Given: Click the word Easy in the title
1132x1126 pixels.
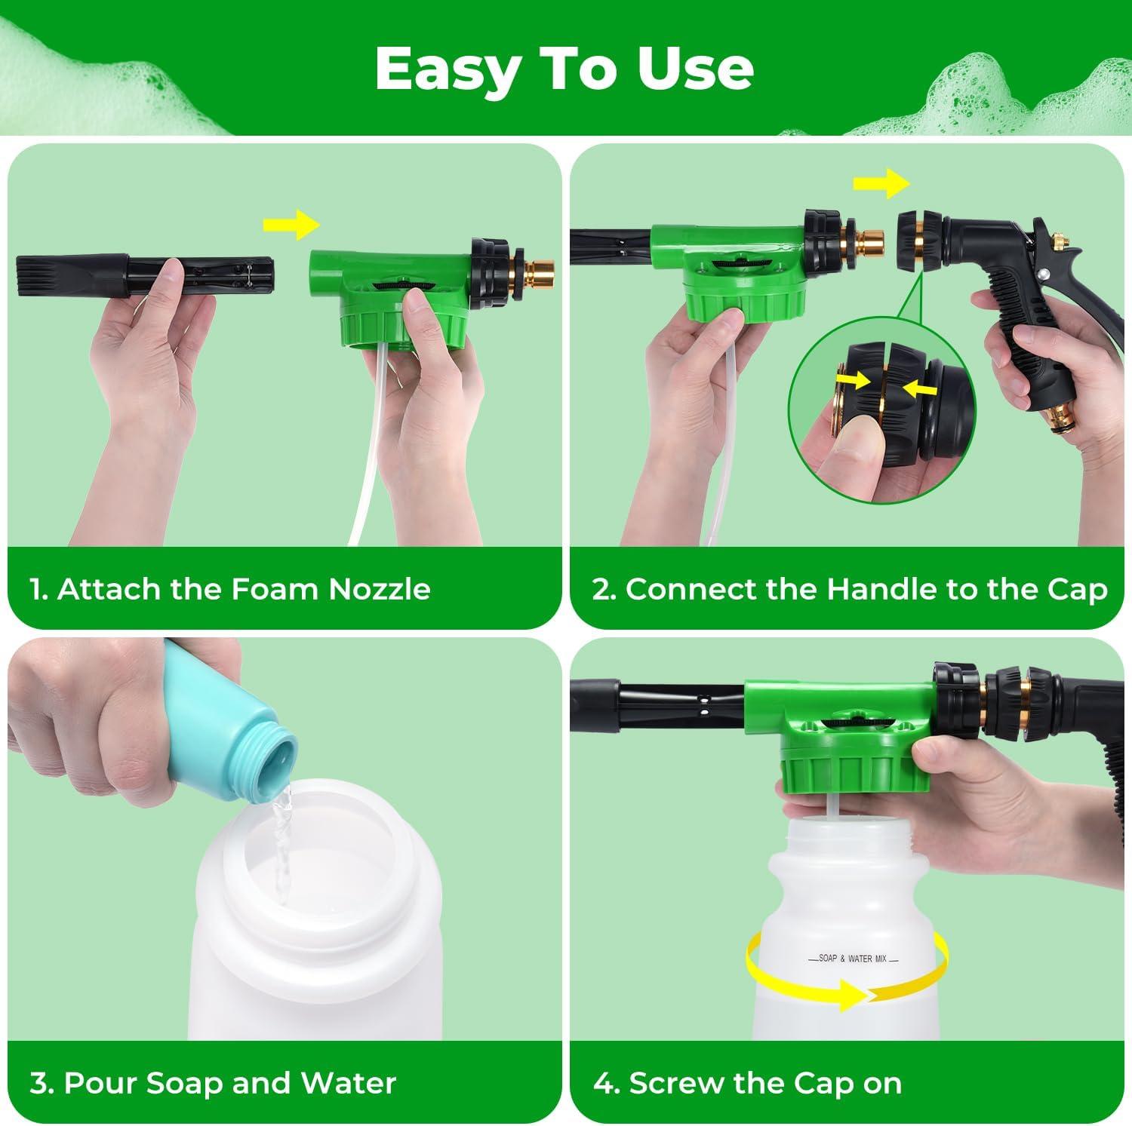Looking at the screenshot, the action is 447,69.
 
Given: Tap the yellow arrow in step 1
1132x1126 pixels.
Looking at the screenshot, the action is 291,224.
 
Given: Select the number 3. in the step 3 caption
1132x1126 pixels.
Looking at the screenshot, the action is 42,1084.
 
